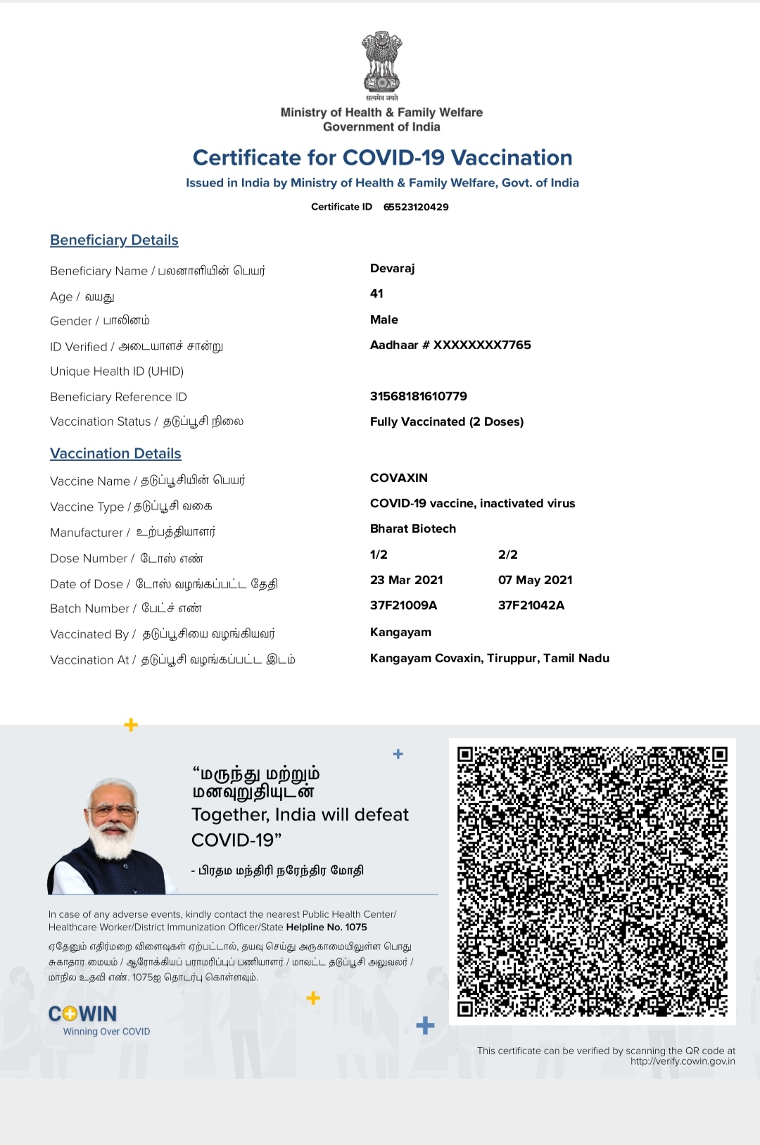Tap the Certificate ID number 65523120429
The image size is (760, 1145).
416,207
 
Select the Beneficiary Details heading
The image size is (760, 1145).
114,240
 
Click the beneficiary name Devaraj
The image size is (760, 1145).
393,268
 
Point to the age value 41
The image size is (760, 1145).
376,293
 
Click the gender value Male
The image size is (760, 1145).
384,320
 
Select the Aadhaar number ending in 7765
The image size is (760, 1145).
450,345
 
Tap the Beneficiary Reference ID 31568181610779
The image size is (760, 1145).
419,396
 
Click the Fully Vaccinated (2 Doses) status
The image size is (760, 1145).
447,422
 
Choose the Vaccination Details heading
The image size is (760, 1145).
115,454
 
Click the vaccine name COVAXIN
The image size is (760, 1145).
399,478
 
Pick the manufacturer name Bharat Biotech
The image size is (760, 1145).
413,529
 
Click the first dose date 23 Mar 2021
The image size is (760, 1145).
407,580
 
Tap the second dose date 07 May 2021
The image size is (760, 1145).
536,580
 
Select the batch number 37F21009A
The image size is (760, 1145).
404,605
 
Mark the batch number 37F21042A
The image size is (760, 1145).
531,605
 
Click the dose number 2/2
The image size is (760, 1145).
508,555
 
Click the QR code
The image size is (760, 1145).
592,881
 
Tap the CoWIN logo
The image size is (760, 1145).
83,1014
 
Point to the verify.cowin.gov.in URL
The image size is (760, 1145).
683,1061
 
